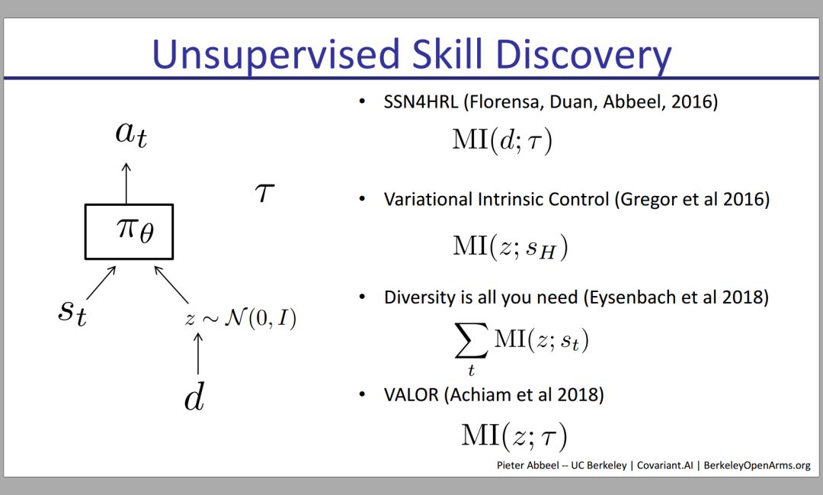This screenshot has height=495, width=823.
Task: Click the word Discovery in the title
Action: point(583,55)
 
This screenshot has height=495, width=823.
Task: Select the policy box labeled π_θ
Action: point(129,232)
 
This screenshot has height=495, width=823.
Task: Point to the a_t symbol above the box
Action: point(131,134)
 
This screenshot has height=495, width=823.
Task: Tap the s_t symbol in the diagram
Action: point(72,312)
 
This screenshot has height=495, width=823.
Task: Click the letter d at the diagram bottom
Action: point(194,396)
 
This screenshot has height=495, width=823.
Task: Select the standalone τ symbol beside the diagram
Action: point(265,193)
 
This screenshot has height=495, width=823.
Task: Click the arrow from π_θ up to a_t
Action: point(126,183)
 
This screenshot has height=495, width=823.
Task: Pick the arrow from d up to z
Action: point(198,353)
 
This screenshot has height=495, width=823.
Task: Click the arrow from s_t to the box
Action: point(101,283)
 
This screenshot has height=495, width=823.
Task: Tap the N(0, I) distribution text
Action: point(261,318)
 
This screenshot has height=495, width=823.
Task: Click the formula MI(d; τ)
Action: point(502,141)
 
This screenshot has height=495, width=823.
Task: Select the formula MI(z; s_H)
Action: point(510,246)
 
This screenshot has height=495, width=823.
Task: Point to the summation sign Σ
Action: point(472,340)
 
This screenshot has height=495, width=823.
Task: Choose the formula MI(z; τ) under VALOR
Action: point(514,436)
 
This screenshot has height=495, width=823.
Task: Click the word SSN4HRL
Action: point(421,101)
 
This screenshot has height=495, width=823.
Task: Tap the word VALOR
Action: point(411,394)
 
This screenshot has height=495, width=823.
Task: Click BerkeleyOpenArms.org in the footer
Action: point(757,465)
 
